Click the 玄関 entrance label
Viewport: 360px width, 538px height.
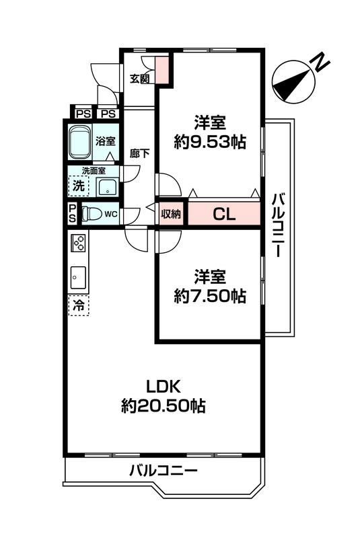[140, 79]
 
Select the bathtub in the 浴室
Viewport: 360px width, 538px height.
[79, 143]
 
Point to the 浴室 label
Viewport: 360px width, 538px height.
[106, 141]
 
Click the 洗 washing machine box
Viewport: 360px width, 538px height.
[79, 186]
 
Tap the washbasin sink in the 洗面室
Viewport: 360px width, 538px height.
[108, 187]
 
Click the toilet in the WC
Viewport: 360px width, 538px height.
[92, 214]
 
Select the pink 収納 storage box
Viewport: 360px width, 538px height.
[170, 214]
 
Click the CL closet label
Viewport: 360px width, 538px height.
[224, 215]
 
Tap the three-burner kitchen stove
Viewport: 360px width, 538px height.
[78, 242]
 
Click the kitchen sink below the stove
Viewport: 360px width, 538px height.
[78, 277]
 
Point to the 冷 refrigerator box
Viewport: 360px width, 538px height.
[79, 305]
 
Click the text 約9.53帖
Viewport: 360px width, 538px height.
[210, 141]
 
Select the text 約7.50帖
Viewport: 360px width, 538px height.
[210, 296]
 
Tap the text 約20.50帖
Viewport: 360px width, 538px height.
[164, 406]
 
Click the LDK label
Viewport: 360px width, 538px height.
[164, 387]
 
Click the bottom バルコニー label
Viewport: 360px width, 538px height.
[164, 470]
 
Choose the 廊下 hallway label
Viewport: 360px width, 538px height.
[139, 153]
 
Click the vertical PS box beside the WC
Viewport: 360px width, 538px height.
[73, 213]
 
